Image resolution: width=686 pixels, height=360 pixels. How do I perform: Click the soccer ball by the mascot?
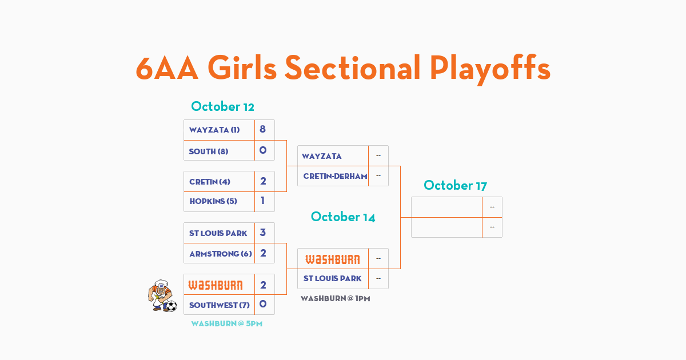pyautogui.click(x=171, y=306)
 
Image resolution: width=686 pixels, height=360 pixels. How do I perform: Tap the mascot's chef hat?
pyautogui.click(x=161, y=283)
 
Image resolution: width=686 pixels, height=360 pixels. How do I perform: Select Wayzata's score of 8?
pyautogui.click(x=262, y=129)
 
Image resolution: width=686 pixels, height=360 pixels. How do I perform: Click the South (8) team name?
pyautogui.click(x=209, y=151)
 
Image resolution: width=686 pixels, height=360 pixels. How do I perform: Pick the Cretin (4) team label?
pyautogui.click(x=210, y=182)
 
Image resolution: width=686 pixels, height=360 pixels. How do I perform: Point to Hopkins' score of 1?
pyautogui.click(x=262, y=201)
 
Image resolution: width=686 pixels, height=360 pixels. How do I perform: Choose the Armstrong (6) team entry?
pyautogui.click(x=221, y=254)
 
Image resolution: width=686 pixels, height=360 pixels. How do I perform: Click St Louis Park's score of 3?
pyautogui.click(x=263, y=233)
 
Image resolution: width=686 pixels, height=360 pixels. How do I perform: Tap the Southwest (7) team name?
pyautogui.click(x=220, y=305)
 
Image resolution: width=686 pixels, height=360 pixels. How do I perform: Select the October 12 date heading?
pyautogui.click(x=222, y=106)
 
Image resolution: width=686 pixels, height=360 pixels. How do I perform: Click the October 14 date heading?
pyautogui.click(x=343, y=217)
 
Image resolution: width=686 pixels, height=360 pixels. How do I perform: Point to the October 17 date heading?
pyautogui.click(x=456, y=185)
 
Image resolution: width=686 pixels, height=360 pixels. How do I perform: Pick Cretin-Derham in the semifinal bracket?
pyautogui.click(x=336, y=176)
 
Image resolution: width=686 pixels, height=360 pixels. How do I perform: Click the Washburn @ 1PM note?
pyautogui.click(x=336, y=298)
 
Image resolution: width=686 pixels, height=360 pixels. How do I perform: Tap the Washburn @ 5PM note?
pyautogui.click(x=227, y=323)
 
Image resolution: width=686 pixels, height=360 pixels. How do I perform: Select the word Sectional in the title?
pyautogui.click(x=353, y=67)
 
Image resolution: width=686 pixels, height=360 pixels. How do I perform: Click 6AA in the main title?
pyautogui.click(x=167, y=68)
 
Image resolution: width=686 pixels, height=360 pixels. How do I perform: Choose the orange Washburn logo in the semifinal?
pyautogui.click(x=333, y=259)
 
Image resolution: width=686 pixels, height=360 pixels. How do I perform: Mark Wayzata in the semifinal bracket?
pyautogui.click(x=321, y=156)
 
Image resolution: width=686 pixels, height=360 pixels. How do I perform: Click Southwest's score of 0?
pyautogui.click(x=263, y=304)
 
